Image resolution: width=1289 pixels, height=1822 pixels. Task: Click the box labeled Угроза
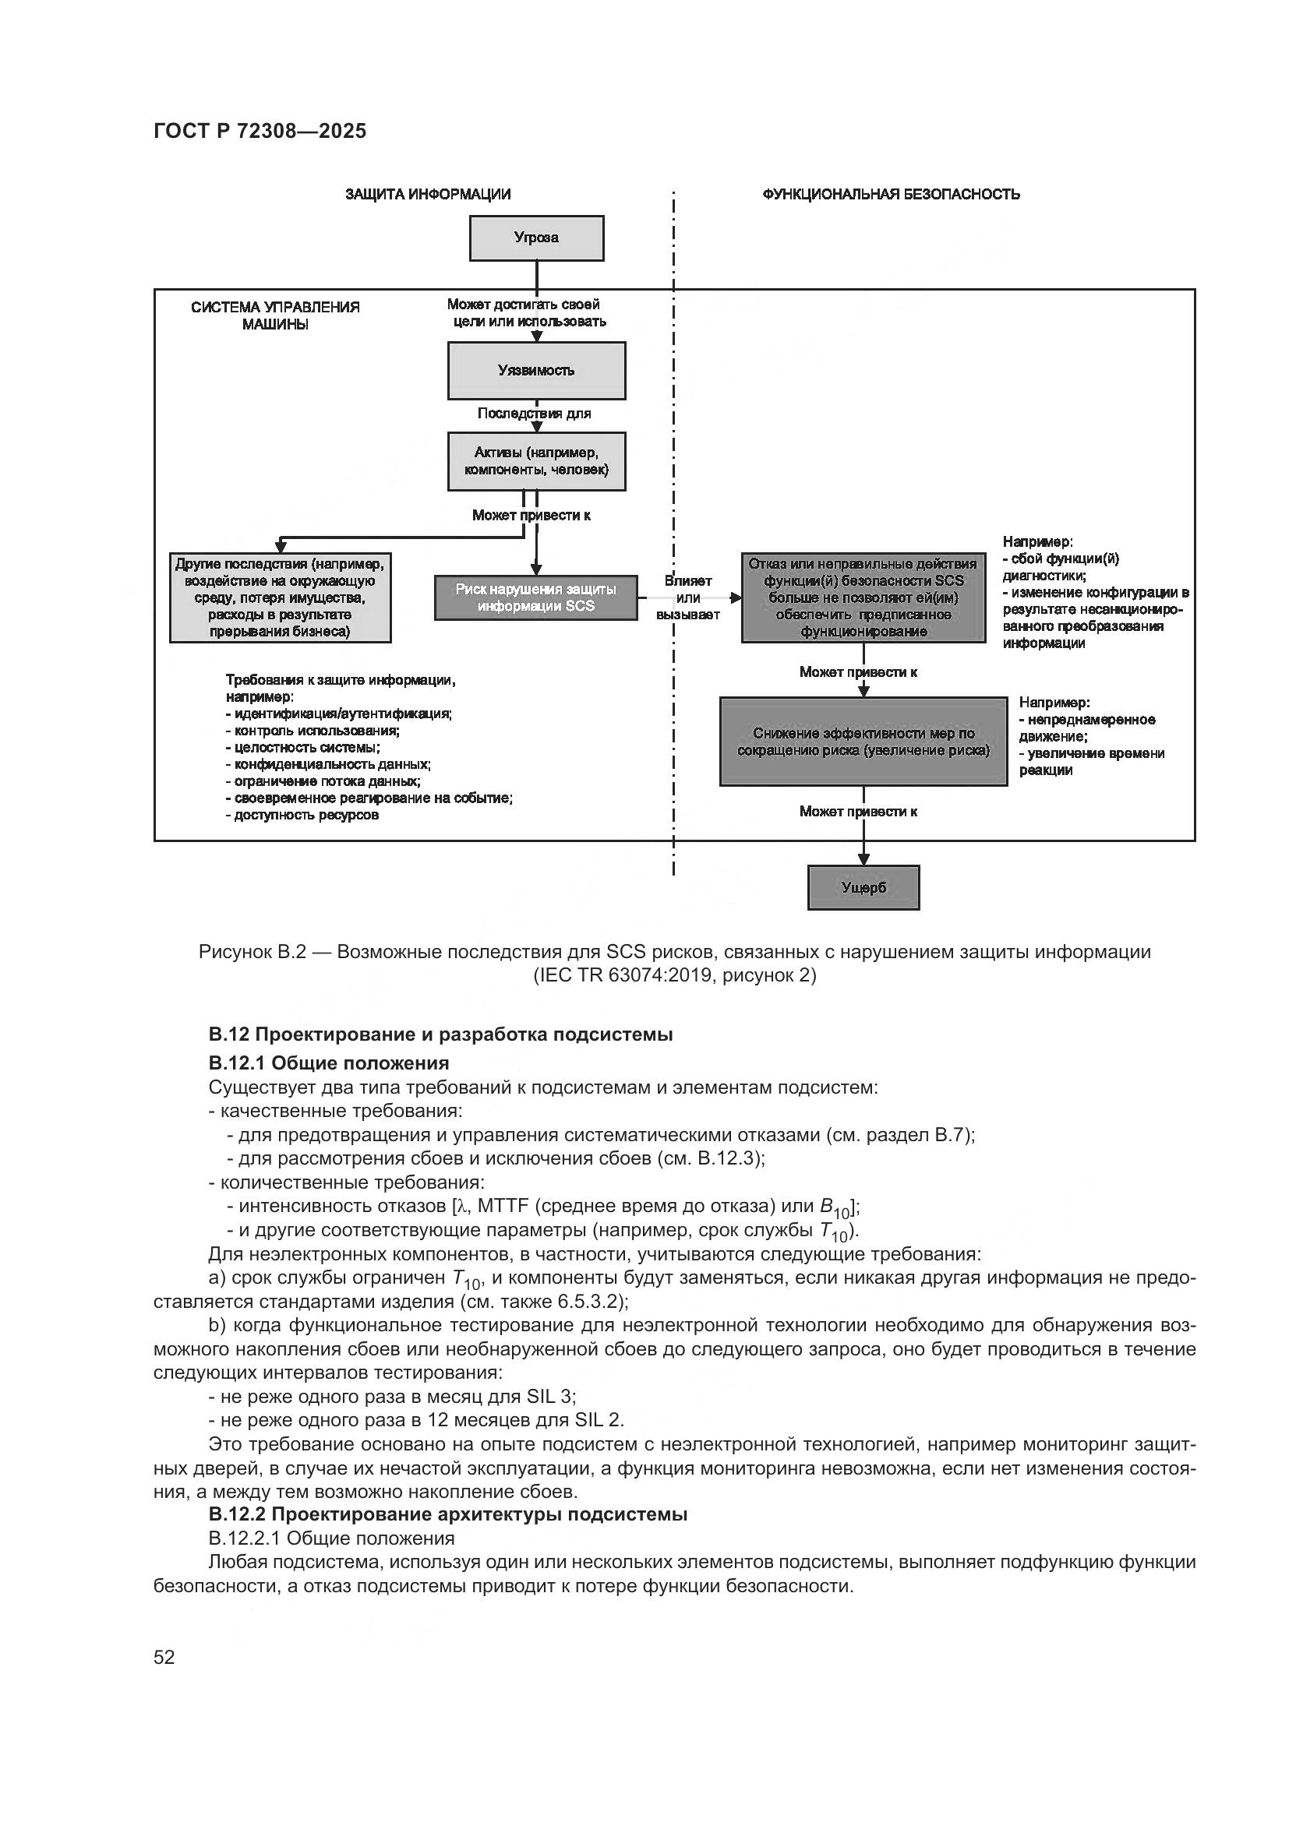pos(535,238)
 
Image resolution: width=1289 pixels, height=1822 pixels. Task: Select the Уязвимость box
pos(535,371)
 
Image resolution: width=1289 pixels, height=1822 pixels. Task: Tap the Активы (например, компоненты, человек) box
pos(535,461)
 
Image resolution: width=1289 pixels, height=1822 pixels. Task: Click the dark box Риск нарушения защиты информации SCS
pos(535,597)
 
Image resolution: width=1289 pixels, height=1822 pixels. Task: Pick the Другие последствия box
pos(281,597)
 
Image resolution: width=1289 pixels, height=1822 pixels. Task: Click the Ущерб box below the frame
pos(863,887)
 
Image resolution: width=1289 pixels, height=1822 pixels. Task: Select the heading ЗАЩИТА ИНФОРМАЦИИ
pos(428,195)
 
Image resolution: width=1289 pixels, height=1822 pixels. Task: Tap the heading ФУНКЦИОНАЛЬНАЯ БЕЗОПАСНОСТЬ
pos(891,195)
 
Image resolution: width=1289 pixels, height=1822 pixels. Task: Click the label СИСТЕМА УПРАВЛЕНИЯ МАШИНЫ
pos(274,315)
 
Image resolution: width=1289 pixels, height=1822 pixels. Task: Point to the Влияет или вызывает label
pos(687,597)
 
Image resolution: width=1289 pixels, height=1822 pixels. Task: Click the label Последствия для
pos(533,414)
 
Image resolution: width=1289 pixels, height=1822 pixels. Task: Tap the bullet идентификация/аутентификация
pos(342,714)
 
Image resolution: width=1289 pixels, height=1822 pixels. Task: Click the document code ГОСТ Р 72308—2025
pos(260,132)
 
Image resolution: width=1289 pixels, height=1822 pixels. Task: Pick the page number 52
pos(164,1657)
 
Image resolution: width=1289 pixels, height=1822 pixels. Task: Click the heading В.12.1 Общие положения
pos(329,1063)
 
